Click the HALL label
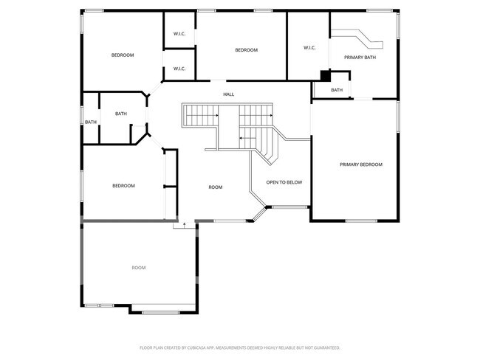(229, 94)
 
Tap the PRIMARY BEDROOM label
(360, 165)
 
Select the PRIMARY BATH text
(360, 57)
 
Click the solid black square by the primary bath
(325, 75)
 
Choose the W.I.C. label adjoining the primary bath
(309, 48)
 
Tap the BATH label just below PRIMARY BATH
(337, 90)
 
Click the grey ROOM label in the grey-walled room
(138, 268)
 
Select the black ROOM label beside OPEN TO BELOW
(215, 187)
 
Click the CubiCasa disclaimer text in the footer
(240, 347)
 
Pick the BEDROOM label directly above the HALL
(246, 50)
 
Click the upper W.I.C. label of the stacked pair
(179, 33)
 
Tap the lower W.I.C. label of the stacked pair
(179, 69)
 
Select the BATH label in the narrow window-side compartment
(90, 122)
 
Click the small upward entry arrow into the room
(176, 225)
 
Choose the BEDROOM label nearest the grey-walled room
(123, 186)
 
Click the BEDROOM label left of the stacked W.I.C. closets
(123, 55)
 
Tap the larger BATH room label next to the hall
(121, 114)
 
